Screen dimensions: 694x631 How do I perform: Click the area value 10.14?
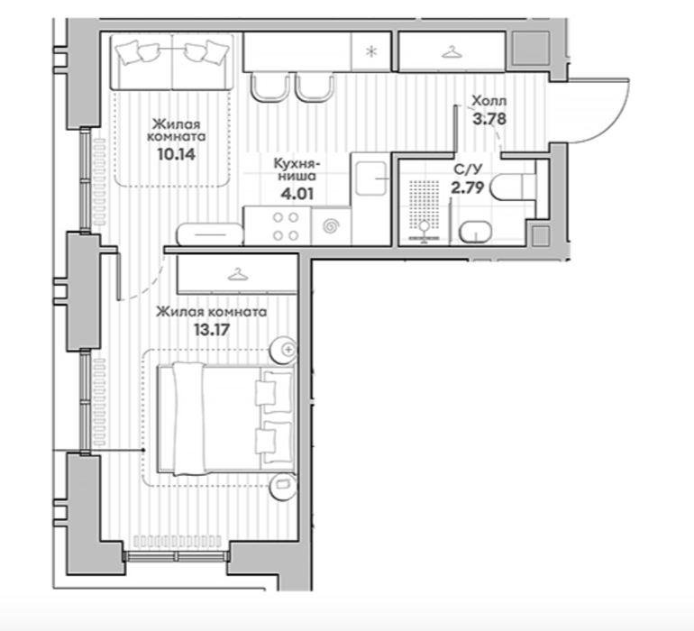click(176, 154)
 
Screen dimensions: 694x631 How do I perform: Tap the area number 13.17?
click(212, 330)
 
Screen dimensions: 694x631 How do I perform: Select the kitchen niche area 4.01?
click(297, 194)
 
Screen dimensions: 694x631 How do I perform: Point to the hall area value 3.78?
click(489, 119)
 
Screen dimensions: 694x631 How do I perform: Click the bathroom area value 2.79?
click(467, 187)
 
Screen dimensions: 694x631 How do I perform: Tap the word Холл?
click(489, 101)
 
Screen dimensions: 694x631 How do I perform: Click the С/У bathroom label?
click(468, 169)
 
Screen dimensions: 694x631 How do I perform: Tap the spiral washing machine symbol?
click(331, 227)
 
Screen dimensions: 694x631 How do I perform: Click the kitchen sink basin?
click(371, 178)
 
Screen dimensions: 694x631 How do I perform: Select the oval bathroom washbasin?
click(475, 232)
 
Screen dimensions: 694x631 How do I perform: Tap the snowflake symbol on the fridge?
click(371, 51)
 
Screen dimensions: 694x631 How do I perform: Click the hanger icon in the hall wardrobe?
click(452, 52)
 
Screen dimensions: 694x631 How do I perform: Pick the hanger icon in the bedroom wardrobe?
click(238, 275)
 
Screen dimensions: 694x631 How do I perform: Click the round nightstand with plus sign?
click(284, 350)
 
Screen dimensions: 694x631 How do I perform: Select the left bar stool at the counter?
click(269, 88)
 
